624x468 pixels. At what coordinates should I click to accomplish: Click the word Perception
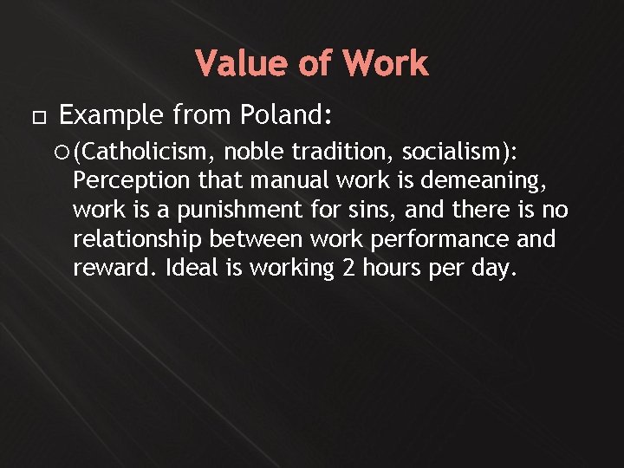pos(132,182)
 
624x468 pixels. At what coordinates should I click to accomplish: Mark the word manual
pos(295,182)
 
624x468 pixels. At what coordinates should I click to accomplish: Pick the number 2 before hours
pos(348,268)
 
